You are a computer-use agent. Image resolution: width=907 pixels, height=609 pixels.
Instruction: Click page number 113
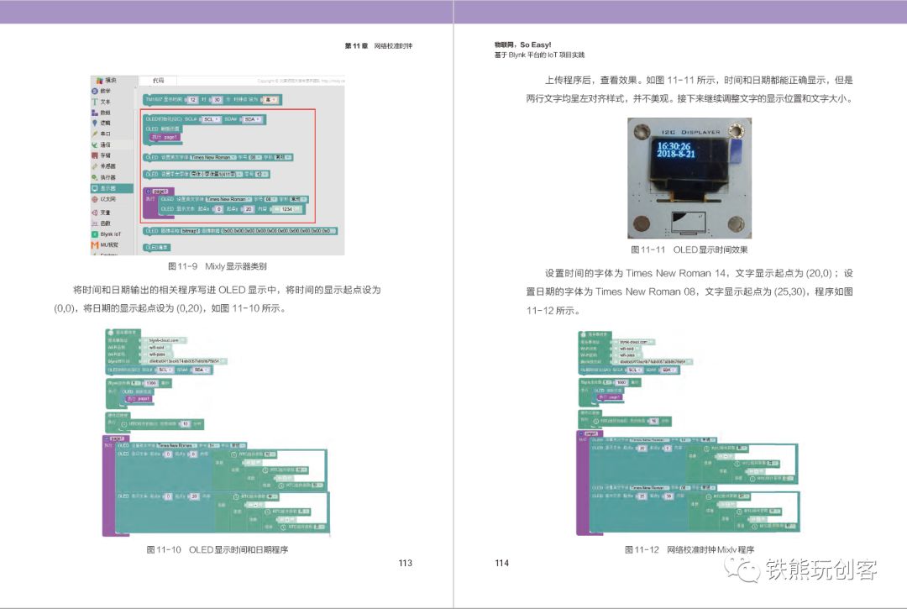406,563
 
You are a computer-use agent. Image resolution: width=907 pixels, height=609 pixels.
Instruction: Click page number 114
502,563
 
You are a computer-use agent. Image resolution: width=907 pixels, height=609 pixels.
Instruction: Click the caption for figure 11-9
218,266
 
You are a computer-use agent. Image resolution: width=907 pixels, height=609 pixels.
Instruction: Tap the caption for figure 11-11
689,249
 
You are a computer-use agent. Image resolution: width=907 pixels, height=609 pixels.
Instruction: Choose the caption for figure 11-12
689,549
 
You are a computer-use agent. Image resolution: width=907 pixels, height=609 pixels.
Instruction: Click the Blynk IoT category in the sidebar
109,234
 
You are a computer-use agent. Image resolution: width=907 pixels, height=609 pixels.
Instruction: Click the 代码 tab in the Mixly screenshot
158,81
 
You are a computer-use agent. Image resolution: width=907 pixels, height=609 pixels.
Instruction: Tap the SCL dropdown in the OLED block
212,119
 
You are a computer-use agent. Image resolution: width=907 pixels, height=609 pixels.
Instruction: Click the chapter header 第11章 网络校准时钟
379,45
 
